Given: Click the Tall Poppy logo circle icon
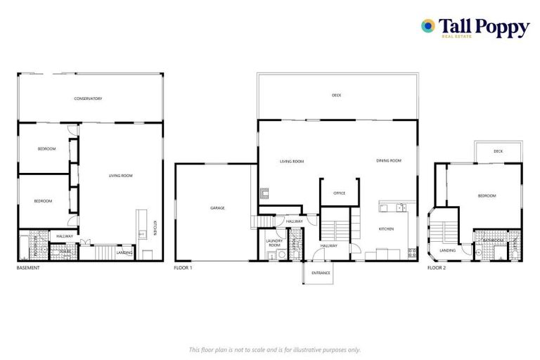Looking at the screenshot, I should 427,26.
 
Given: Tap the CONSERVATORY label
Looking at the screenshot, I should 88,98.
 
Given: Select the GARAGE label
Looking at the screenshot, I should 217,208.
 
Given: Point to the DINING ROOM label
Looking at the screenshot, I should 389,161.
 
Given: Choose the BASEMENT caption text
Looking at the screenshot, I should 29,267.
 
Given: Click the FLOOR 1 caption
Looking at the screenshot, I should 183,267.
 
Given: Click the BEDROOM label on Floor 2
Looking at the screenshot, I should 487,195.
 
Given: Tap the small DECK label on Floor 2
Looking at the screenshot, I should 498,151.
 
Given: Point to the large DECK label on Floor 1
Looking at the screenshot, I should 336,96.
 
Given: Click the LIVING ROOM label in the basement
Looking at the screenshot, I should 120,175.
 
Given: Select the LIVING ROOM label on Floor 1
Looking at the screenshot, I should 292,161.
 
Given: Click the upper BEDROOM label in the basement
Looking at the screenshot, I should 46,148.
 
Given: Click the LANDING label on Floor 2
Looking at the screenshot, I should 447,250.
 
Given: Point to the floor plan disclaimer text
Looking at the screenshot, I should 274,349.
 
